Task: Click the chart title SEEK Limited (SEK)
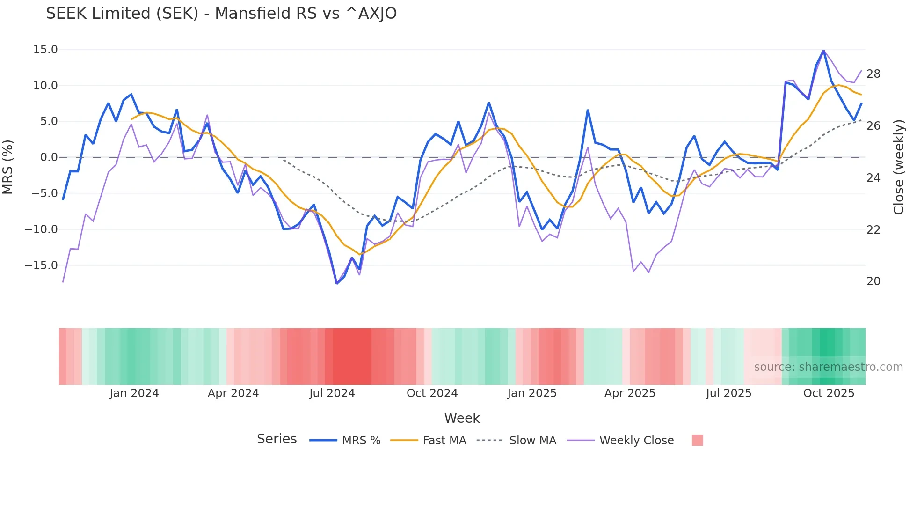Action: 221,14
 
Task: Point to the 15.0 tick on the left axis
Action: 45,50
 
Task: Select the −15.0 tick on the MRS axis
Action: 41,265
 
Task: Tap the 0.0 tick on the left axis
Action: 49,157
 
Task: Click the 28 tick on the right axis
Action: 873,74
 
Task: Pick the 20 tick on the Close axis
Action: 873,281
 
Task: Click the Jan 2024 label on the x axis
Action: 134,393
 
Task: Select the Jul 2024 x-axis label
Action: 332,393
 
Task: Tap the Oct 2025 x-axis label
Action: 829,393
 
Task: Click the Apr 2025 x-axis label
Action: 630,393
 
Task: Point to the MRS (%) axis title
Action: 8,167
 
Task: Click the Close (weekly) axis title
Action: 899,167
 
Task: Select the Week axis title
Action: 462,418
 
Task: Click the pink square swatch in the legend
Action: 697,440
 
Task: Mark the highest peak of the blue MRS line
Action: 823,51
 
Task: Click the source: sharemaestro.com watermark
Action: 828,367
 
